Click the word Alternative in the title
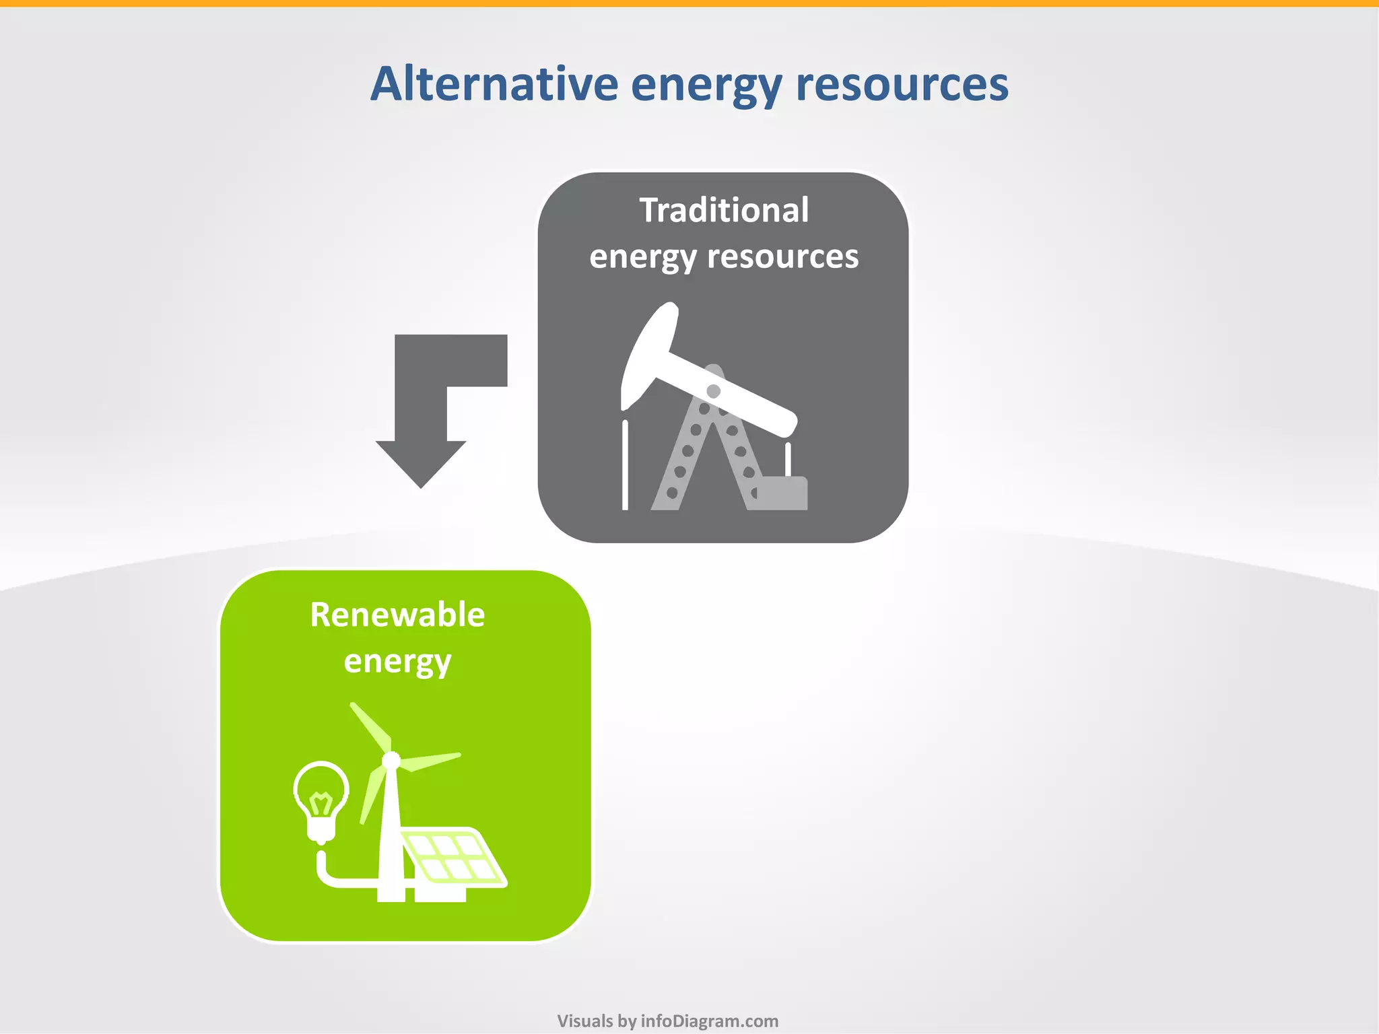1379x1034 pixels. (x=494, y=84)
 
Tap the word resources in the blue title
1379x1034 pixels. (x=902, y=84)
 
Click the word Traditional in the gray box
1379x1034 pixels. (x=724, y=210)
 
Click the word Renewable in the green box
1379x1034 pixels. (x=397, y=615)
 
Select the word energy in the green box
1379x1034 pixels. (x=397, y=662)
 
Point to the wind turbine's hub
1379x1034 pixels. (x=391, y=761)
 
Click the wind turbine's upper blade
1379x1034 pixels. (x=370, y=727)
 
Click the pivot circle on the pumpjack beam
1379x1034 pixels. (x=713, y=391)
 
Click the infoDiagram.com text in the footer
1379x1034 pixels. (x=709, y=1021)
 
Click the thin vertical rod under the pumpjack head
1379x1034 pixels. (x=625, y=464)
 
